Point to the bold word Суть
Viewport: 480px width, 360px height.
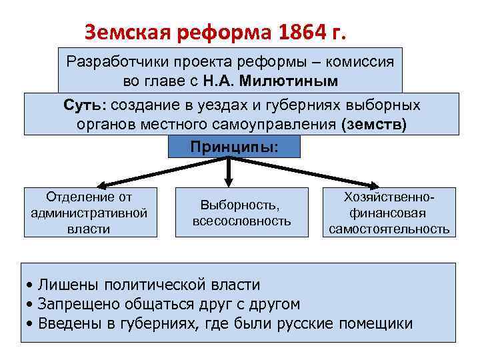point(85,105)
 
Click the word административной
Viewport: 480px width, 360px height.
point(89,213)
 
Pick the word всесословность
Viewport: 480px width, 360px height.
point(241,221)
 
